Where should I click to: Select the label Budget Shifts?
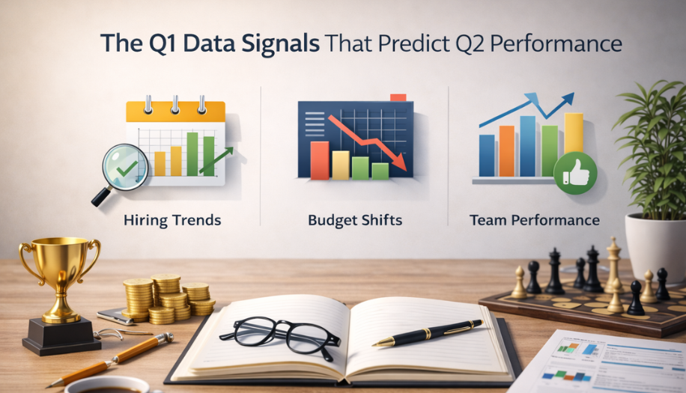pyautogui.click(x=354, y=220)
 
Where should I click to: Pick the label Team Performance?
pyautogui.click(x=535, y=220)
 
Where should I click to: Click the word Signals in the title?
pyautogui.click(x=280, y=43)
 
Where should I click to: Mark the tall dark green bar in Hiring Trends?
pyautogui.click(x=192, y=153)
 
